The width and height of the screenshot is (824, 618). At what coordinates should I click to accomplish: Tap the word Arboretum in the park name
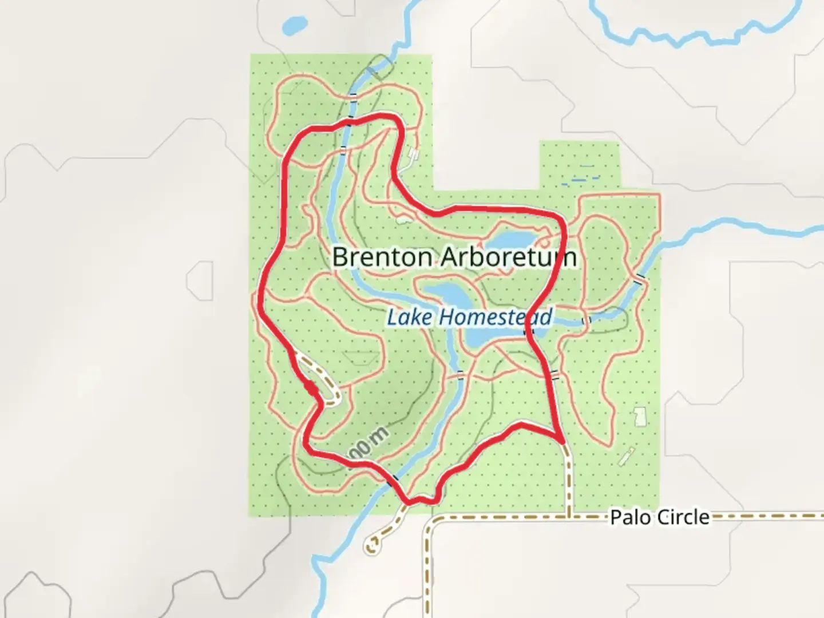pos(508,257)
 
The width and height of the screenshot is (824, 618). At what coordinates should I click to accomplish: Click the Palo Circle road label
pos(659,517)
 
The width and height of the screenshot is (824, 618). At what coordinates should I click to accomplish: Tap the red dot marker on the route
pos(311,389)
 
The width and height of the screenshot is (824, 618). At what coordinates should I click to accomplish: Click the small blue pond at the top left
pos(295,25)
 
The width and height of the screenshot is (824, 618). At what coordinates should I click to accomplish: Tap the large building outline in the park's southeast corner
pos(640,416)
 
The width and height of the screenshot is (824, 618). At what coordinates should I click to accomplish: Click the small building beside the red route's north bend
pos(414,154)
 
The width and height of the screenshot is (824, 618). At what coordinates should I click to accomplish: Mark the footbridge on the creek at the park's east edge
pos(640,278)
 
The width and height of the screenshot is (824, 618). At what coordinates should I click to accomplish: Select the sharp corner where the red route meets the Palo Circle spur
pos(562,439)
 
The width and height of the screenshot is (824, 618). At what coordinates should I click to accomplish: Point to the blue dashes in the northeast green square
pos(579,179)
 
